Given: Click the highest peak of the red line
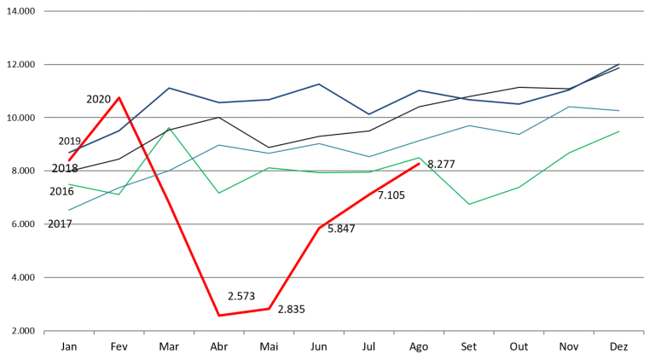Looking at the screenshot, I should coord(119,97).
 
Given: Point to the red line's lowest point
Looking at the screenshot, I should coord(219,316).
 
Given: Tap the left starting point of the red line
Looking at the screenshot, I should coord(69,160).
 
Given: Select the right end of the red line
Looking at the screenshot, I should coord(420,163).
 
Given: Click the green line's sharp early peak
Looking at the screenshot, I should coord(169,128).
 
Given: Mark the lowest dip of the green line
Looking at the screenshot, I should coord(469,205).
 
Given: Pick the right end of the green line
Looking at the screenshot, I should coord(619,131).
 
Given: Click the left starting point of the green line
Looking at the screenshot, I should coord(69,184).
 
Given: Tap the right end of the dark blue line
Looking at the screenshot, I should coord(619,64).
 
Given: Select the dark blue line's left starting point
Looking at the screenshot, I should coord(69,153).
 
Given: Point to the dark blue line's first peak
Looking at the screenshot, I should coord(169,87).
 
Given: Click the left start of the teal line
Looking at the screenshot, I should coord(69,210).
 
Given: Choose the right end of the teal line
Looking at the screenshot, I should coord(619,111).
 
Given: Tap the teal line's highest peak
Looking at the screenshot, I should coord(570,107).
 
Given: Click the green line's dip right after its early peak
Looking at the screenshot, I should coord(219,193).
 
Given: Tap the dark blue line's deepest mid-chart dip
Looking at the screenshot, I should coord(369,113).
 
